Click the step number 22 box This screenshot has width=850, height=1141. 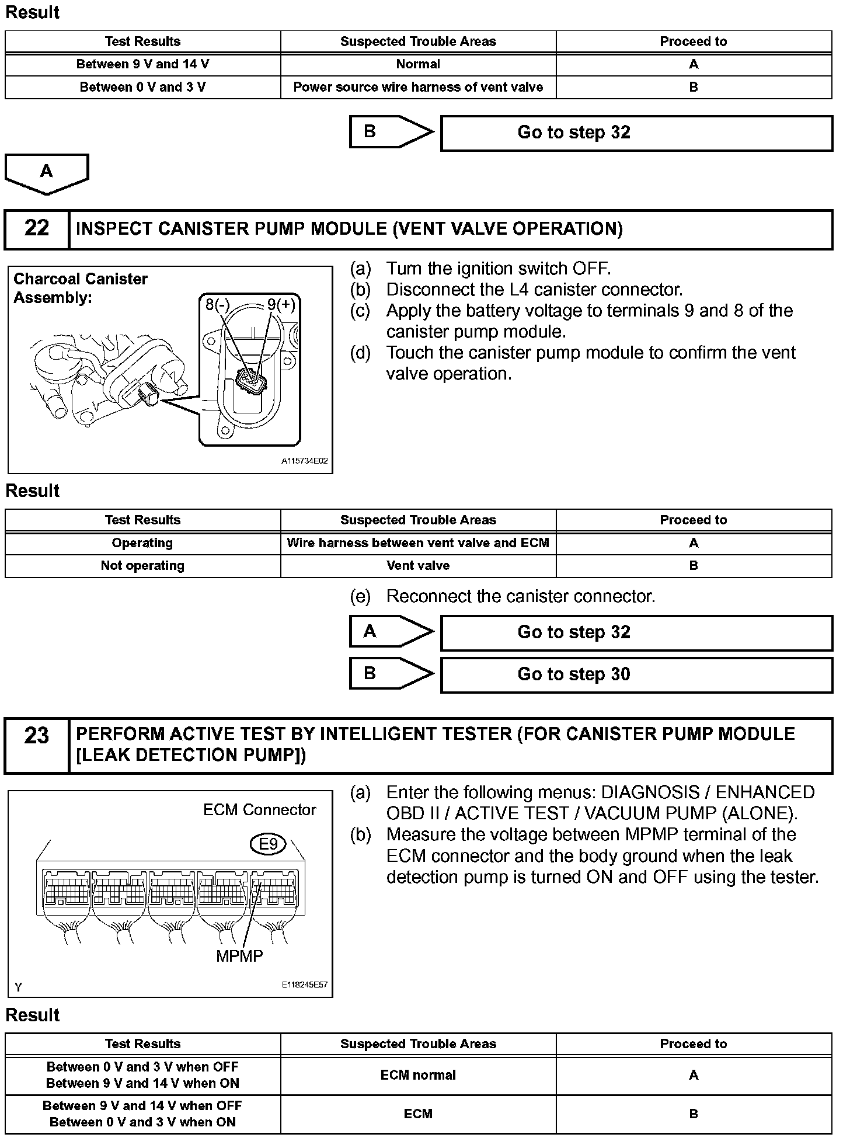(36, 228)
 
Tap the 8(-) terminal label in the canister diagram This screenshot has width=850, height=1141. (218, 304)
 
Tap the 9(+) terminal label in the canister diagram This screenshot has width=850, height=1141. (281, 304)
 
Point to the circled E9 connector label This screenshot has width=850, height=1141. (268, 844)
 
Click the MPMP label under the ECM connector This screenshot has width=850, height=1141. (239, 955)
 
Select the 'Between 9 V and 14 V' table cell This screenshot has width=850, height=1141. (142, 64)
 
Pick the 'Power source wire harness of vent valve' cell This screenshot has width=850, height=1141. (418, 87)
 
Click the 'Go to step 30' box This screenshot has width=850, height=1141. (636, 674)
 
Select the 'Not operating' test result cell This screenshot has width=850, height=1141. (142, 565)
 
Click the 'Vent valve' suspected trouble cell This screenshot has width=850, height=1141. (418, 565)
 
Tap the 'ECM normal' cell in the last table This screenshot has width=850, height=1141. (418, 1074)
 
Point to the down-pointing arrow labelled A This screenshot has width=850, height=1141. (47, 172)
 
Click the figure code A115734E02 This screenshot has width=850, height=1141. (304, 461)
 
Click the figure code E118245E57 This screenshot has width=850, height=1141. (304, 985)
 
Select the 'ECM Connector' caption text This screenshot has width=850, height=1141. (259, 810)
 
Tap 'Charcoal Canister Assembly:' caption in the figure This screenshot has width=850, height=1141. (81, 288)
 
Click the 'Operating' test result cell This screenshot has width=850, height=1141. (142, 542)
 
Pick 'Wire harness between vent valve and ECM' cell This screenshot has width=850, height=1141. (418, 542)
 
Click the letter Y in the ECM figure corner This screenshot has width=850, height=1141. (19, 987)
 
